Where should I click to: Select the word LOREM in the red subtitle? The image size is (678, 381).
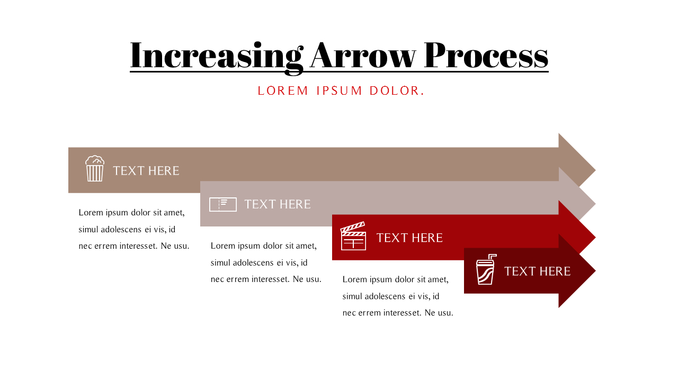pyautogui.click(x=283, y=90)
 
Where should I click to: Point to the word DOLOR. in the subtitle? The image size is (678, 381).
pyautogui.click(x=397, y=90)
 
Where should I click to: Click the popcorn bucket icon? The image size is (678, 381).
pyautogui.click(x=95, y=168)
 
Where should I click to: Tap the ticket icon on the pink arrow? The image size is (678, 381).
pyautogui.click(x=223, y=204)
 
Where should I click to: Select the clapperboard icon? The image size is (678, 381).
pyautogui.click(x=353, y=236)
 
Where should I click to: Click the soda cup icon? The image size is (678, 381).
pyautogui.click(x=486, y=269)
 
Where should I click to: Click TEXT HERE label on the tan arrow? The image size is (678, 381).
pyautogui.click(x=146, y=171)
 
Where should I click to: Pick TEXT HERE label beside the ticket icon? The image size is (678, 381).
pyautogui.click(x=277, y=204)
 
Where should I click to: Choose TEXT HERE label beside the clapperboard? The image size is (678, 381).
pyautogui.click(x=409, y=238)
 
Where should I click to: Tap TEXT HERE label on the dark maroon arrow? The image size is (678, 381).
pyautogui.click(x=537, y=271)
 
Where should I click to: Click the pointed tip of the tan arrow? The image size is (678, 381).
pyautogui.click(x=595, y=170)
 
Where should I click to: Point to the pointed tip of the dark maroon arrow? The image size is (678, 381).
pyautogui.click(x=595, y=270)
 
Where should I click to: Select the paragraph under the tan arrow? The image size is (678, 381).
pyautogui.click(x=134, y=229)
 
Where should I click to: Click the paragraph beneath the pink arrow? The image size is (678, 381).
pyautogui.click(x=266, y=262)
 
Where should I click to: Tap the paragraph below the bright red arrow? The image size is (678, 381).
pyautogui.click(x=398, y=296)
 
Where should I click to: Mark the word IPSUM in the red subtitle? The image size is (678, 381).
pyautogui.click(x=339, y=90)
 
